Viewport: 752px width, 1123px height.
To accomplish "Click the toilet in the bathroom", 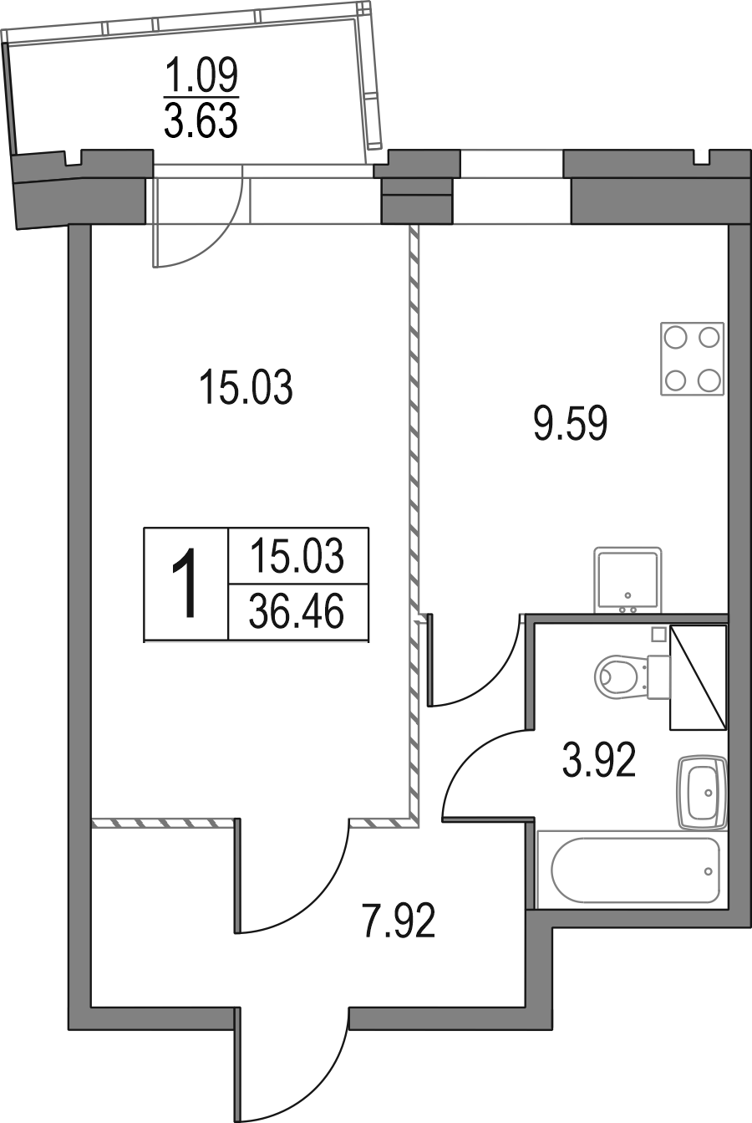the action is click(633, 676).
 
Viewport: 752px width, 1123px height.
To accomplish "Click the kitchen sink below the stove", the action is click(628, 580).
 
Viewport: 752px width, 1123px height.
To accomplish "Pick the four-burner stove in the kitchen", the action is click(693, 359).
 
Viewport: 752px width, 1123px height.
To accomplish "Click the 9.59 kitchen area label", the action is click(571, 424).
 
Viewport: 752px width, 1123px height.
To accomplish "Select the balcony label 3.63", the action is click(201, 120).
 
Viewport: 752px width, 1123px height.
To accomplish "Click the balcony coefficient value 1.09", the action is click(201, 74).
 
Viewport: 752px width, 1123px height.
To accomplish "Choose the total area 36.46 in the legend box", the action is click(297, 611).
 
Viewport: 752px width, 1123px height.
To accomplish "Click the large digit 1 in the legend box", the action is click(185, 583).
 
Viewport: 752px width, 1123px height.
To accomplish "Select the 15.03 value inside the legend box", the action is click(297, 555).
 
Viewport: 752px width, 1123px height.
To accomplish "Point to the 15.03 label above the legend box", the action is click(246, 386).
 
